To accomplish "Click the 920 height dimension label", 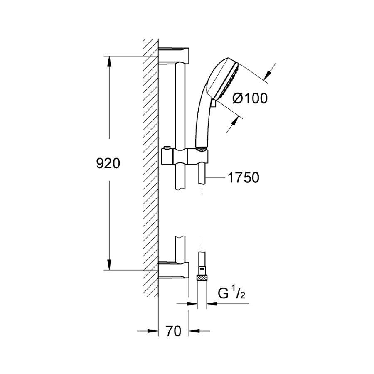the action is click(x=108, y=163).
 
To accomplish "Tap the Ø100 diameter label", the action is click(x=250, y=98).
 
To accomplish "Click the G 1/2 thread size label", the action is click(x=231, y=294).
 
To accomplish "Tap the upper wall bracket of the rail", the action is click(x=173, y=55).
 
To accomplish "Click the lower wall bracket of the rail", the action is click(x=173, y=270).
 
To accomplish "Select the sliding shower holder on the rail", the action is click(x=185, y=157).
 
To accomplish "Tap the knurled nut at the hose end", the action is click(x=202, y=277).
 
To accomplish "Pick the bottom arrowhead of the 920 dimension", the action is click(x=109, y=265).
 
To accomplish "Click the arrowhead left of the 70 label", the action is click(x=153, y=331).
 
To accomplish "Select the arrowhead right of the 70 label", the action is click(x=194, y=331).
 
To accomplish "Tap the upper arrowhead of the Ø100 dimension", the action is click(x=268, y=74).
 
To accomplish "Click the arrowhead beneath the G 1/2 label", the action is click(x=212, y=304).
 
